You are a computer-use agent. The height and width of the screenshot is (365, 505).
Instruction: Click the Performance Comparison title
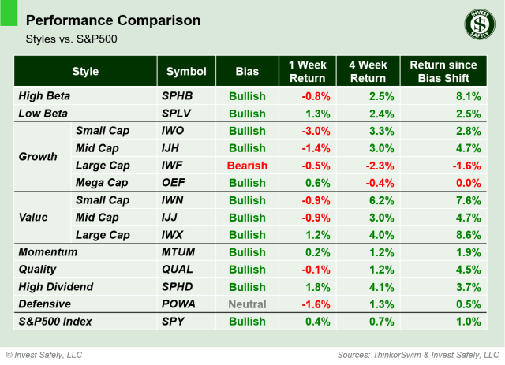113,20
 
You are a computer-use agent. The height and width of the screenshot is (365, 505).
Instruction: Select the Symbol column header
186,72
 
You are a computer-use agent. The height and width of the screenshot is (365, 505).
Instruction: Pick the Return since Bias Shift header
443,72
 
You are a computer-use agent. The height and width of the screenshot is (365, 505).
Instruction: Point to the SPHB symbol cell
179,96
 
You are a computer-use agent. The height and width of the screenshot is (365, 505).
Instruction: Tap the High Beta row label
44,96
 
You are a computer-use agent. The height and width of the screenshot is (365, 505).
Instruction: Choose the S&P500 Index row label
54,322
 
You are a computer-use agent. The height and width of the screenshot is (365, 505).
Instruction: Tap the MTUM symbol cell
179,252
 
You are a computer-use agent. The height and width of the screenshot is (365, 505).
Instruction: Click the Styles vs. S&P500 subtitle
66,39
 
